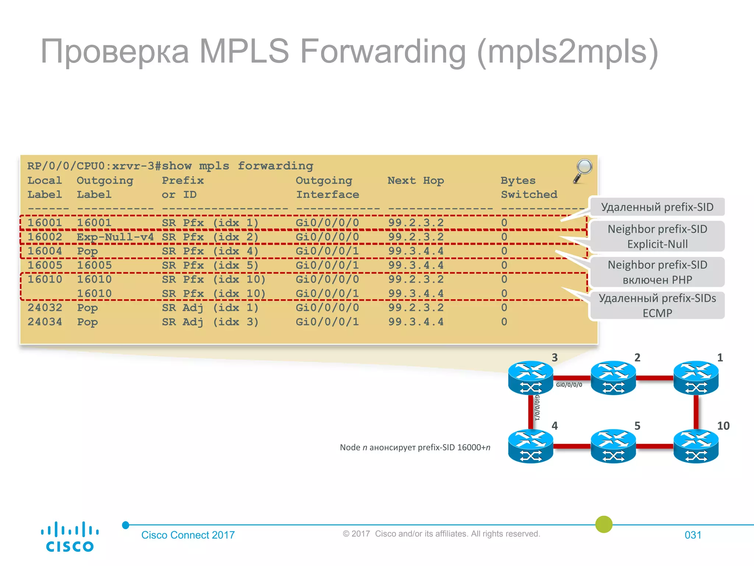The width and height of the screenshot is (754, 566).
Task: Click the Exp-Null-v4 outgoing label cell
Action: [x=115, y=237]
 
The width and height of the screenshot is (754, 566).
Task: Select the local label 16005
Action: [x=45, y=265]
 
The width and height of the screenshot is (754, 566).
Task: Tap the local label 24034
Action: [x=45, y=322]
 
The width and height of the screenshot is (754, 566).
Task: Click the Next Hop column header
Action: [x=416, y=181]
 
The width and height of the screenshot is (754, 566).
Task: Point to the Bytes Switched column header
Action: [x=528, y=187]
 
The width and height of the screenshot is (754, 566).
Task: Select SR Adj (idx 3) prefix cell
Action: [x=210, y=322]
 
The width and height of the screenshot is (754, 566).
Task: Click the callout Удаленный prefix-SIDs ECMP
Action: [x=657, y=305]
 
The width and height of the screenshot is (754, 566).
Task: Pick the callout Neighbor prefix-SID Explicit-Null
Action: [x=657, y=236]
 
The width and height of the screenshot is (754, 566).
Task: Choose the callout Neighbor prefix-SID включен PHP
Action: [x=657, y=272]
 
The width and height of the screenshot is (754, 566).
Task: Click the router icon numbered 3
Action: [x=531, y=377]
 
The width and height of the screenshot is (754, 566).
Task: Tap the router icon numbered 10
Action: [x=696, y=446]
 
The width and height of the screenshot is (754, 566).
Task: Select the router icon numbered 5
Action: [x=613, y=446]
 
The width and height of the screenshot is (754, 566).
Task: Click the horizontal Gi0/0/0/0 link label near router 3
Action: [x=569, y=385]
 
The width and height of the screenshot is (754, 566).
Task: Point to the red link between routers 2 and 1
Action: [x=655, y=378]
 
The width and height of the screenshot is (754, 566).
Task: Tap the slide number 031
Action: [x=693, y=535]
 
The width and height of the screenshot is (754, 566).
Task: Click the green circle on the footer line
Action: [x=604, y=524]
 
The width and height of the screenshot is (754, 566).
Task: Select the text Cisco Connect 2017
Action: [x=188, y=535]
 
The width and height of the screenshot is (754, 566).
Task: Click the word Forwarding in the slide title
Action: [x=383, y=52]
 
